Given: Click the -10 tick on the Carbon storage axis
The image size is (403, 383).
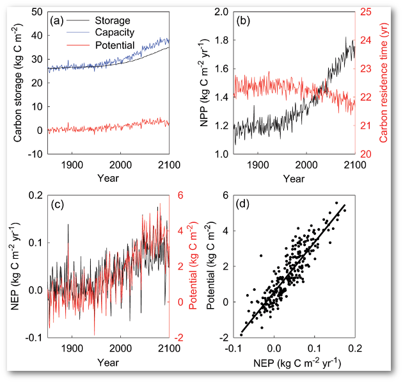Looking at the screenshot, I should tap(35, 154).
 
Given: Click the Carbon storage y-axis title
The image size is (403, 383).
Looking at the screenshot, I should tap(17, 83).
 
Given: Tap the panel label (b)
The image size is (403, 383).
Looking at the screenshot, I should tap(243, 20).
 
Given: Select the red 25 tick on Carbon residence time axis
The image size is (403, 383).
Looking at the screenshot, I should tap(366, 12).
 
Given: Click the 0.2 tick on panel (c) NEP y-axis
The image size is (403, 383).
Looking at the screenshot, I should tap(35, 196).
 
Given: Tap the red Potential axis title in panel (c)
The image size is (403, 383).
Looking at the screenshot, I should tap(195, 266).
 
